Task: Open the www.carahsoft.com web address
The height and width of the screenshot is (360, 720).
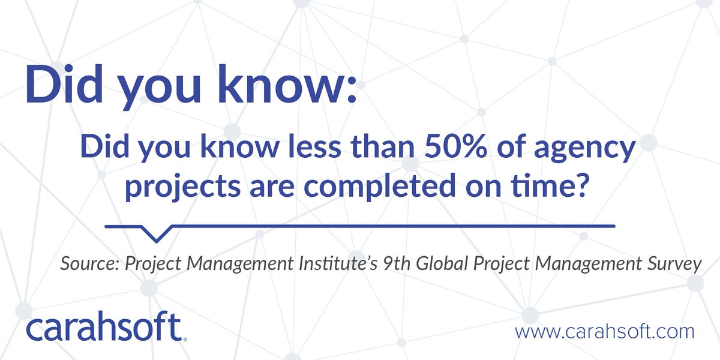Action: click(x=604, y=331)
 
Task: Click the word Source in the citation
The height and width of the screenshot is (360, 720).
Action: click(x=88, y=265)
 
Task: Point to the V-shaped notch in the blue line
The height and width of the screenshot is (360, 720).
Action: click(x=155, y=233)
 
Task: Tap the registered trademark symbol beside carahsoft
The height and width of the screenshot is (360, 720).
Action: click(x=185, y=339)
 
